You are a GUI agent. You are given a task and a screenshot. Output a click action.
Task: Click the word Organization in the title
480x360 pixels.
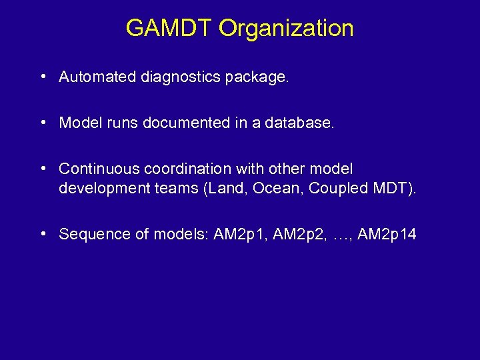[x=286, y=29]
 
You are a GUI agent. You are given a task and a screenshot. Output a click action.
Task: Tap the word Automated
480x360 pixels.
[x=97, y=77]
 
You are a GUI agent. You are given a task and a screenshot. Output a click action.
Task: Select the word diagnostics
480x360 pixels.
[x=181, y=77]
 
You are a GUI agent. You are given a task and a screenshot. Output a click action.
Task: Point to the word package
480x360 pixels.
[x=257, y=77]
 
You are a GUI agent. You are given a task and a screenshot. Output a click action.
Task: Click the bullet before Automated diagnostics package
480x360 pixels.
[x=43, y=77]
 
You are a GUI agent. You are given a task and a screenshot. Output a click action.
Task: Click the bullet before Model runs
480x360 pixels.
[x=43, y=123]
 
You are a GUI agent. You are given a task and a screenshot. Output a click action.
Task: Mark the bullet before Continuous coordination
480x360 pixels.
[x=43, y=169]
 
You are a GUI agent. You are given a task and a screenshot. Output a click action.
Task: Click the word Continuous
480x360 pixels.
[x=99, y=169]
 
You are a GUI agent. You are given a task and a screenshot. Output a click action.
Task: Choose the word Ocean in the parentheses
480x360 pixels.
[x=271, y=188]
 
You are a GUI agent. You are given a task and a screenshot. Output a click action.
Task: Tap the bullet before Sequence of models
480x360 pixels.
[x=43, y=233]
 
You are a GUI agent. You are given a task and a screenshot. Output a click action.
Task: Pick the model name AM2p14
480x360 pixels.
[x=387, y=234]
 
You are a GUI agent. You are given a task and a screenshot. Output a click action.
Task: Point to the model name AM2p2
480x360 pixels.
[x=296, y=234]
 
